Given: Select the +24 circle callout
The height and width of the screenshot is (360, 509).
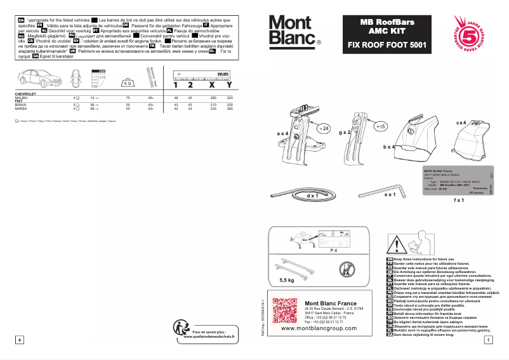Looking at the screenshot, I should point(324,128).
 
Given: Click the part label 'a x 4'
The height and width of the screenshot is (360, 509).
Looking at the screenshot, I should point(283,134).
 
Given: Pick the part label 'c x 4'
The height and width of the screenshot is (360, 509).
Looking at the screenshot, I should point(461,122).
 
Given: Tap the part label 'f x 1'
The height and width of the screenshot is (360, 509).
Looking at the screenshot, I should point(459,200).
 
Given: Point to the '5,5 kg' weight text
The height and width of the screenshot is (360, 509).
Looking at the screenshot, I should point(287,279).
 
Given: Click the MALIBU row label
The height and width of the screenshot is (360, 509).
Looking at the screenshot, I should point(21,98).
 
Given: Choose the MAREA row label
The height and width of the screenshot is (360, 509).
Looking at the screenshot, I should point(20,109).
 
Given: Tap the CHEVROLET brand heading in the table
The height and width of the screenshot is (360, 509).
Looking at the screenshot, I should point(25,93).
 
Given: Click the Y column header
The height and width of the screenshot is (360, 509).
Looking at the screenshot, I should point(229,84).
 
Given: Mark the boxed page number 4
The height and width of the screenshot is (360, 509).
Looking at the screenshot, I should point(20,340).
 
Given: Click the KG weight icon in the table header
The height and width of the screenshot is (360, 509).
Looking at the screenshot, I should point(128,83).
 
